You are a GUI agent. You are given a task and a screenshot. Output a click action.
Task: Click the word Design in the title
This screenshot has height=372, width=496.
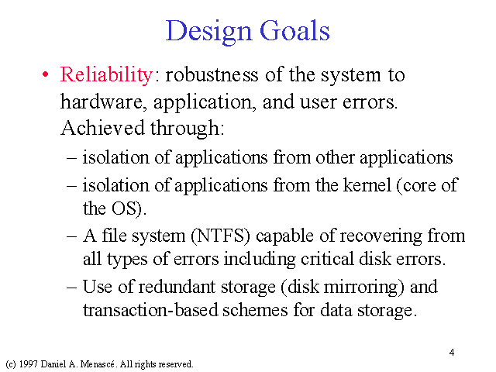tap(208, 32)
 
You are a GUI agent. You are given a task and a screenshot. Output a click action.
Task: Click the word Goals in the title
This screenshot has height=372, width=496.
tap(294, 30)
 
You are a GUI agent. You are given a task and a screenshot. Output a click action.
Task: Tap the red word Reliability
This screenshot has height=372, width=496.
tap(107, 76)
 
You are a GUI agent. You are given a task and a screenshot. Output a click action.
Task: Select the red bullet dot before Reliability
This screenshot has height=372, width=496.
tap(46, 75)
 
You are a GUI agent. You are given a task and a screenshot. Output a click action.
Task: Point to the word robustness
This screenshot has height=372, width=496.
tap(212, 75)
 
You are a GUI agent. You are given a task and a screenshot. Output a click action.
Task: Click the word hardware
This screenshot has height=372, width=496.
tap(103, 102)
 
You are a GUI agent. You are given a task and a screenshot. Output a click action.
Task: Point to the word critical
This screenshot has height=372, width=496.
tap(327, 259)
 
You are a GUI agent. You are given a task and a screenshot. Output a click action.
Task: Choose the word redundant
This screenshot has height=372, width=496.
tap(177, 287)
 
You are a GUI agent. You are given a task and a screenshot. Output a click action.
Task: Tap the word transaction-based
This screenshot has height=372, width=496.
tap(150, 310)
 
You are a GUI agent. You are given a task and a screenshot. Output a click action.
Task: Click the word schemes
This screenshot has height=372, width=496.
tap(255, 310)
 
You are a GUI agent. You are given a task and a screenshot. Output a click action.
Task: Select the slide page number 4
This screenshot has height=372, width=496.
tap(452, 353)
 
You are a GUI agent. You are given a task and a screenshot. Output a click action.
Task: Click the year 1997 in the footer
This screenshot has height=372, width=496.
tap(28, 364)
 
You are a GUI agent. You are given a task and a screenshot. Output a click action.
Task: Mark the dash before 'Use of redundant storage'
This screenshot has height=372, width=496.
tap(72, 288)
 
